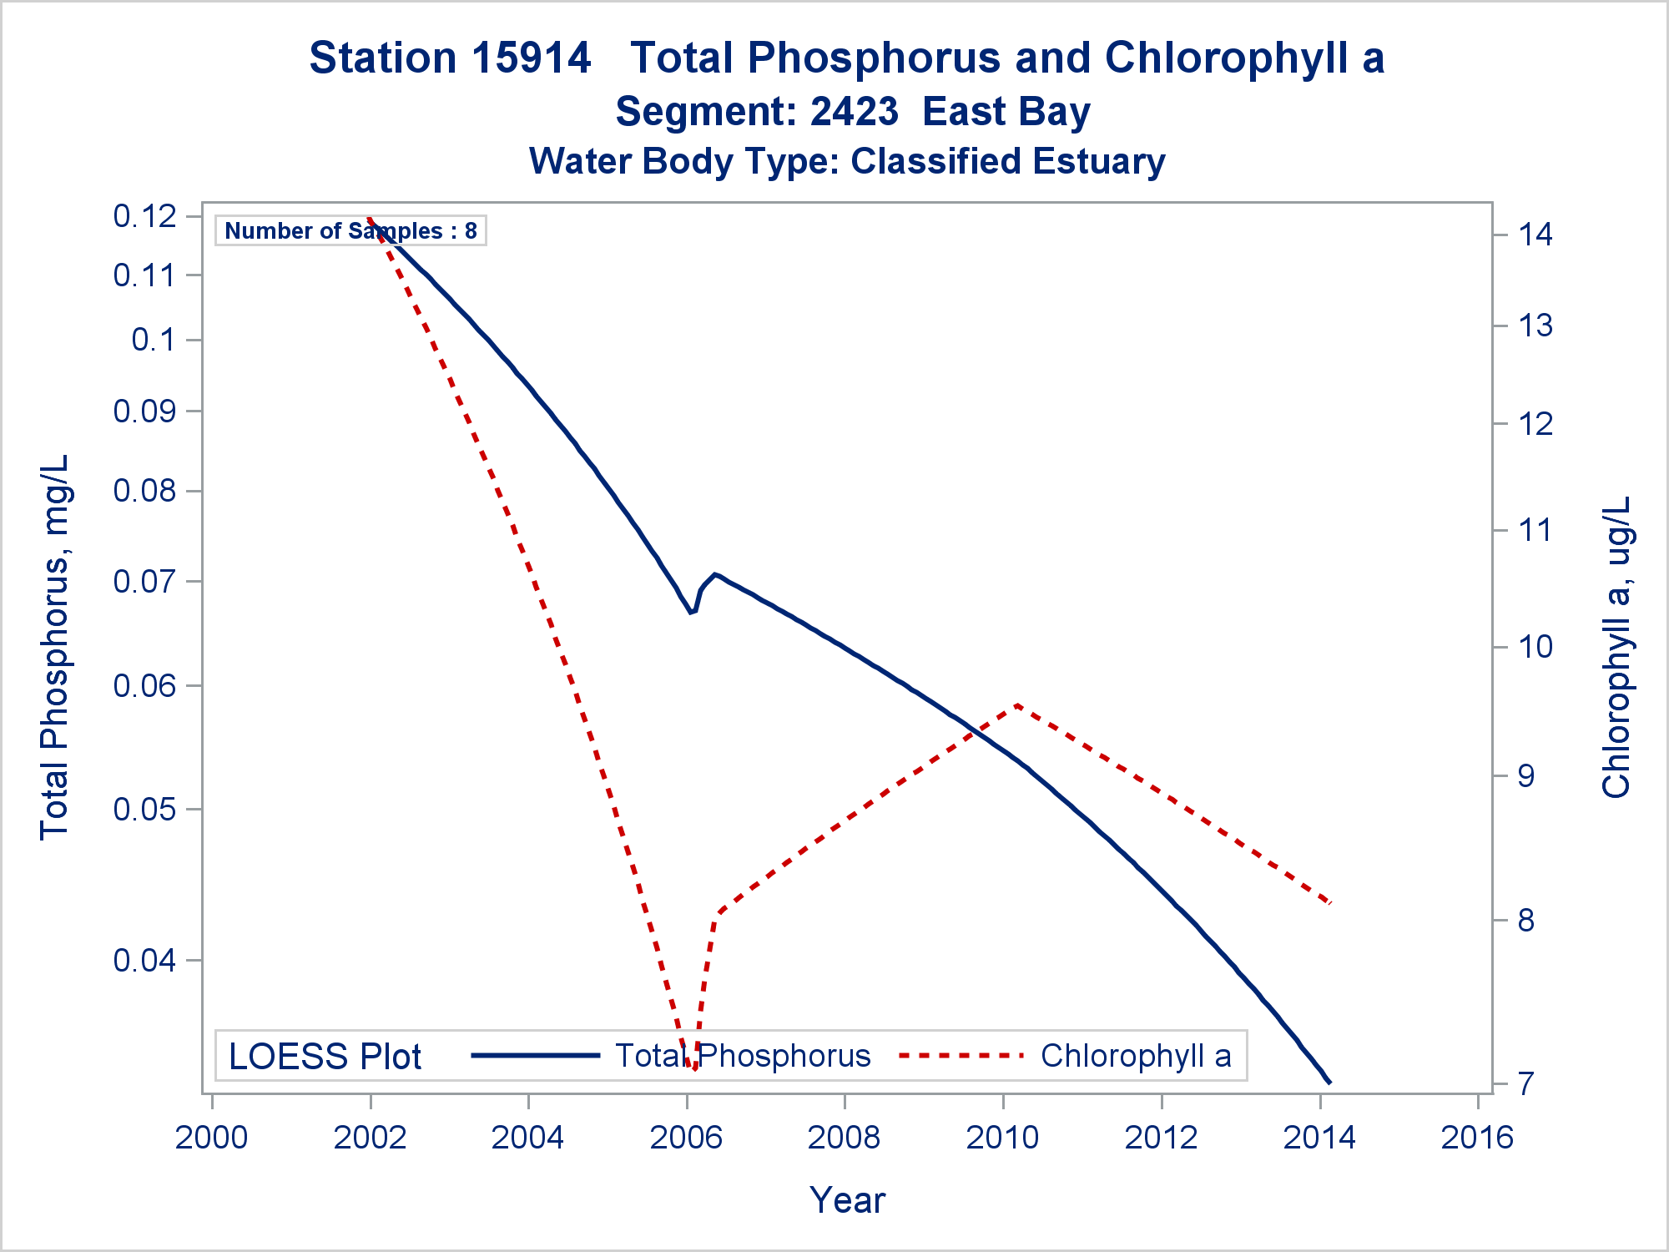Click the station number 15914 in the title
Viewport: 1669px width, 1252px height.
[x=532, y=58]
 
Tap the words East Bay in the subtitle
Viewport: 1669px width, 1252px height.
[x=1006, y=112]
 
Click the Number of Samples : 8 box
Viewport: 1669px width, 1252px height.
[x=350, y=230]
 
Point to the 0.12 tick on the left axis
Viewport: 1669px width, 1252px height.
[x=145, y=217]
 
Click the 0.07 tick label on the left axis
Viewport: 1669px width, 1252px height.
[x=145, y=581]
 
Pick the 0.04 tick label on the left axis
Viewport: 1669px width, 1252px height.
[x=145, y=961]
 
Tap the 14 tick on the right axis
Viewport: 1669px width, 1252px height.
[x=1535, y=235]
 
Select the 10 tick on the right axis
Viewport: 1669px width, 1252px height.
[x=1535, y=647]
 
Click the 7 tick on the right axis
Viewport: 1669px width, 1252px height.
[x=1526, y=1084]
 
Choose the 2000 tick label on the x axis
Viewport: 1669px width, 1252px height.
[x=211, y=1138]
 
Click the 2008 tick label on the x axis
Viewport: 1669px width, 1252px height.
[x=844, y=1138]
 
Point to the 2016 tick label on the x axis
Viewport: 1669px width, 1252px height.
[x=1477, y=1138]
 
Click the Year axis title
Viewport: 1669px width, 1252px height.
[x=847, y=1200]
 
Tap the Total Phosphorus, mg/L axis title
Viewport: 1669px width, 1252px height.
[x=55, y=647]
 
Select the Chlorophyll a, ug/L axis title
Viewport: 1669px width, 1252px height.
[x=1616, y=647]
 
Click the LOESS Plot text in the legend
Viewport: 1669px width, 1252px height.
[x=325, y=1057]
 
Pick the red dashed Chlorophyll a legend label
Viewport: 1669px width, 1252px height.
[x=1136, y=1056]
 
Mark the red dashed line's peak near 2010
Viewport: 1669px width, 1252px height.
[x=1018, y=705]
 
